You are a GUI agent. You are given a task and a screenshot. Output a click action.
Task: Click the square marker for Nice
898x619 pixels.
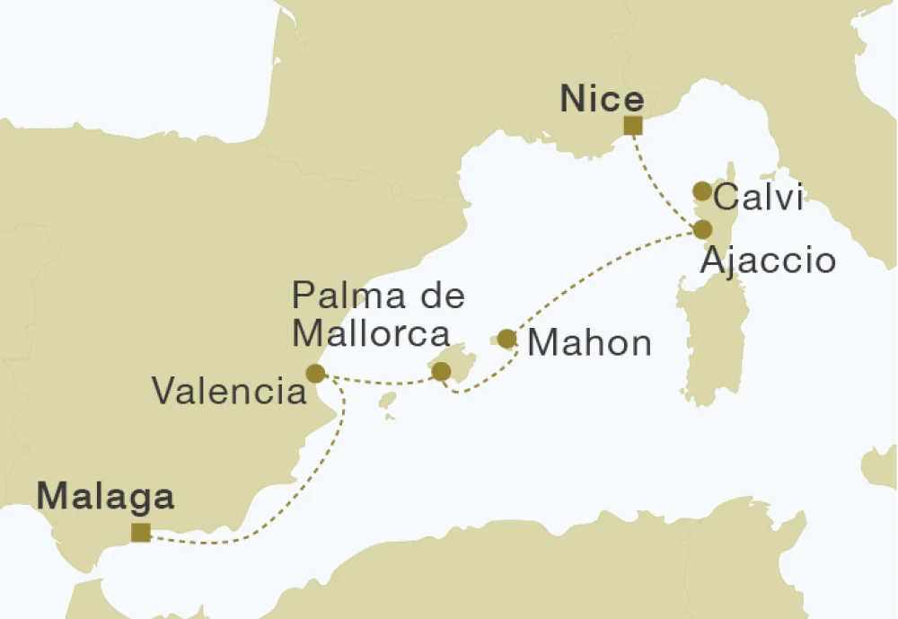633,125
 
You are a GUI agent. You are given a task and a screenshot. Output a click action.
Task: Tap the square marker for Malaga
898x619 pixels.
140,533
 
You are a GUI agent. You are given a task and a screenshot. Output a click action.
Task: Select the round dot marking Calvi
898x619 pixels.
702,190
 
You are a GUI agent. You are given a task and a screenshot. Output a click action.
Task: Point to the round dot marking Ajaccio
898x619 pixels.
702,228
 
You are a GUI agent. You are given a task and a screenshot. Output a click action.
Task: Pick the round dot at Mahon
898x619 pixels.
506,339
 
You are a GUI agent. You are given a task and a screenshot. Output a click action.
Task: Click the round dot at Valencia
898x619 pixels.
315,373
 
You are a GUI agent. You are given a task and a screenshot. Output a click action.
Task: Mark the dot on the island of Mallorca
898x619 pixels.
441,371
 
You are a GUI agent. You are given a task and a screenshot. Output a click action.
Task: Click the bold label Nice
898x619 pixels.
602,100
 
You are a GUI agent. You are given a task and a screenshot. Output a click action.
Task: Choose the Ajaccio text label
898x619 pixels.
768,261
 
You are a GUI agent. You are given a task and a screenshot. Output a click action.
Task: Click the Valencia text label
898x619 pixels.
228,391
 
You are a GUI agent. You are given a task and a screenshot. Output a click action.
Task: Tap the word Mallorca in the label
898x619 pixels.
371,333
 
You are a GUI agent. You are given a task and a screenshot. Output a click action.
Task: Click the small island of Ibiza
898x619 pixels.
387,399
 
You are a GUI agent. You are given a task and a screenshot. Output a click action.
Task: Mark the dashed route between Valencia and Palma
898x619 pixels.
377,382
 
